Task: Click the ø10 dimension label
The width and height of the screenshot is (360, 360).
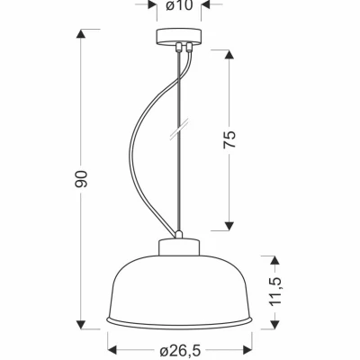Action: (x=179, y=5)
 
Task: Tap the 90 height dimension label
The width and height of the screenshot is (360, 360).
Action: (x=81, y=179)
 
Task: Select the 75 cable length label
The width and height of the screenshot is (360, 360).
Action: (x=229, y=139)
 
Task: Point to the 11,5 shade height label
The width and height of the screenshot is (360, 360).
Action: (x=275, y=291)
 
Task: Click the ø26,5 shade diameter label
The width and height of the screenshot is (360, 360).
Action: (x=180, y=350)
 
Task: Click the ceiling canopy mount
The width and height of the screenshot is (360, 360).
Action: (x=179, y=37)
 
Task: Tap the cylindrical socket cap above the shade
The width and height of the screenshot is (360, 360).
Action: (x=179, y=247)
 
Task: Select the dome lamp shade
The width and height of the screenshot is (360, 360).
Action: (x=179, y=291)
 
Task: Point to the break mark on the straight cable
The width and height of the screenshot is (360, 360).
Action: (x=179, y=130)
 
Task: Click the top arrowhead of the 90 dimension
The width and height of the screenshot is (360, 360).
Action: (x=81, y=33)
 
